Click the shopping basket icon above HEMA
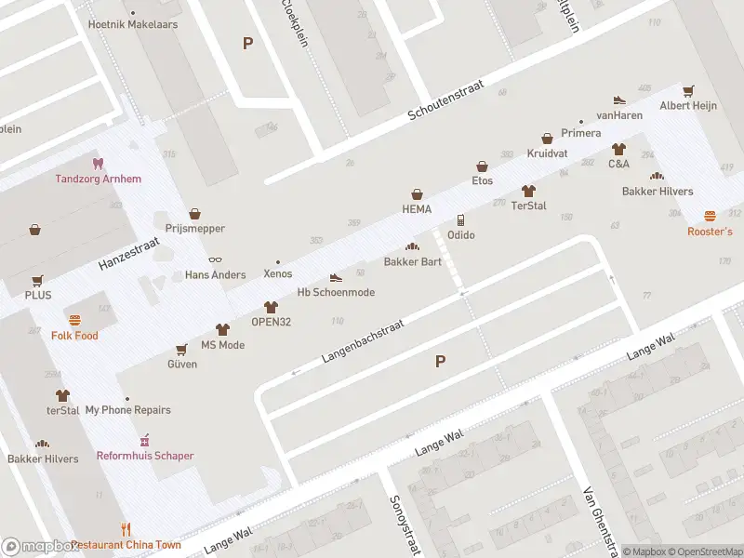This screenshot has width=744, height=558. pos(418,194)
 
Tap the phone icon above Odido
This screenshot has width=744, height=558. pos(460,220)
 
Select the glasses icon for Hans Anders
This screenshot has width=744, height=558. pos(215,260)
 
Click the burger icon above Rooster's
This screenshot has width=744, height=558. pos(710,216)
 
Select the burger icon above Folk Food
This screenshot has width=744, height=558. pos(74,320)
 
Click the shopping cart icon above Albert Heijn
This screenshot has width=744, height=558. pos(688,91)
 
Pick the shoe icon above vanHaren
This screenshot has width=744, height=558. pos(619,100)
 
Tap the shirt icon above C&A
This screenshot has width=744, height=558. pos(618,149)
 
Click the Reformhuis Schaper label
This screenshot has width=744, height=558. pos(145,456)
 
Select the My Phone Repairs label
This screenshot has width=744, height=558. pos(127,410)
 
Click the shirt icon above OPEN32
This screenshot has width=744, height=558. pos(271,307)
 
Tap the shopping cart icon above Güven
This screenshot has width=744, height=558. pos(181,350)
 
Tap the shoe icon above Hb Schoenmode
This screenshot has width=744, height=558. pos(336,277)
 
